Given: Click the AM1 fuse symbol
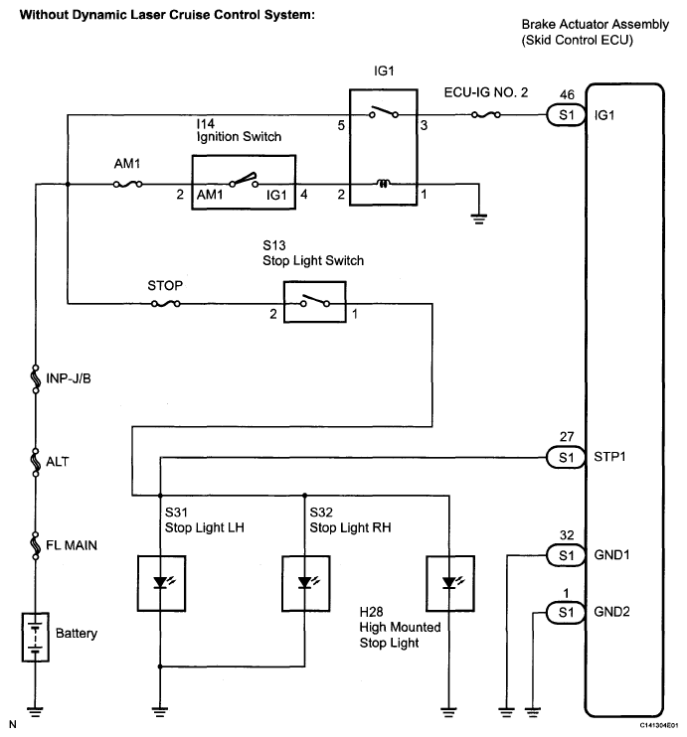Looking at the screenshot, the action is tap(127, 185).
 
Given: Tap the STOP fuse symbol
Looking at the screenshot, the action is tap(166, 304).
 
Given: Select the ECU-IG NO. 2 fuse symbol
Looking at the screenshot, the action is tap(485, 114).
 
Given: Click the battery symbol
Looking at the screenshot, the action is tap(35, 637).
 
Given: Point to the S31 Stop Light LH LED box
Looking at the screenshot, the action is tap(161, 583).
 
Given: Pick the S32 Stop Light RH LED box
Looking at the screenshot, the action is tap(306, 583).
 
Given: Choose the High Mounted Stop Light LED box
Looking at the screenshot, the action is tap(449, 583).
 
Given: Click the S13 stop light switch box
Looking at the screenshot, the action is tap(315, 302).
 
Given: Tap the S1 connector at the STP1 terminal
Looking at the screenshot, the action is tap(566, 457).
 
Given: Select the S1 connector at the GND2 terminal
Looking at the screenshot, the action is tap(566, 613).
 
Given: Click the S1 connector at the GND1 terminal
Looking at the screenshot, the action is tap(566, 555).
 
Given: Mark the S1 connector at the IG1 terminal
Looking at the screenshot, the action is tap(566, 114).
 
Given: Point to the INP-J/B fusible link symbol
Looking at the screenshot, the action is tap(35, 377).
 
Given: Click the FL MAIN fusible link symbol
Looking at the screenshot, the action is tap(35, 545).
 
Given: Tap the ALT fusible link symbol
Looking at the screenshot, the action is tap(35, 462).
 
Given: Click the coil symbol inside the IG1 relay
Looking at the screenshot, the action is tap(384, 184).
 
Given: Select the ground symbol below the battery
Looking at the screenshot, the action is tap(35, 711).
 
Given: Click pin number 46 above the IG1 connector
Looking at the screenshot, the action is tap(567, 95).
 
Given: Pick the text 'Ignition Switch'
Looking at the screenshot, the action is tap(239, 137).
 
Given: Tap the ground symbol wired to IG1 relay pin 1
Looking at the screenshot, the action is tap(479, 219).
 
